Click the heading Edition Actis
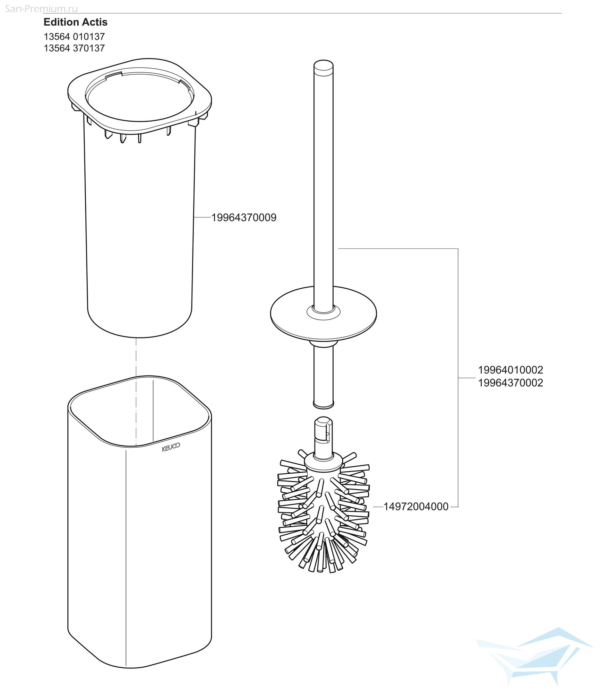(76, 22)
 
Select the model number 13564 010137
(74, 36)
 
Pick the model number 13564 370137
(74, 48)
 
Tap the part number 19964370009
(244, 218)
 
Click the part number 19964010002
(510, 370)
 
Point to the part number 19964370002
(510, 383)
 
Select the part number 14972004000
(416, 507)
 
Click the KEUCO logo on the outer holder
(171, 447)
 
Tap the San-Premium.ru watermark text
(42, 9)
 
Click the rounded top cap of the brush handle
(324, 67)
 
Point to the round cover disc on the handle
(324, 314)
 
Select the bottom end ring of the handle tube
(324, 404)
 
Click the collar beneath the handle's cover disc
(324, 344)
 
